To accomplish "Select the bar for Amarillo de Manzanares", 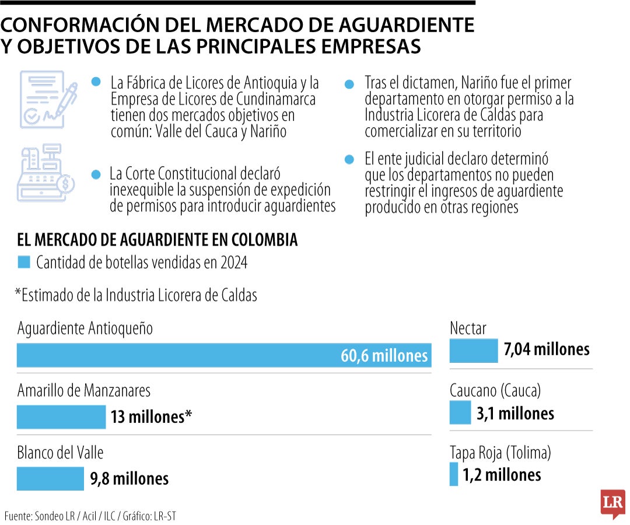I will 61,417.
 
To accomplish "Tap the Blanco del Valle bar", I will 51,479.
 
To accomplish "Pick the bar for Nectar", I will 474,350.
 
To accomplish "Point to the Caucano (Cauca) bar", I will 460,414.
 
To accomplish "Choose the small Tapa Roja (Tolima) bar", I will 454,474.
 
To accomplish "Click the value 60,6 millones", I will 384,356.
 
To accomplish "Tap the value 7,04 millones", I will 547,349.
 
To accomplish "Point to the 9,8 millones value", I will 129,479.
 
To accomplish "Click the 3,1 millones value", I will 515,414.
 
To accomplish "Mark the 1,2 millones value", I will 502,475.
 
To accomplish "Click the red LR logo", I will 612,502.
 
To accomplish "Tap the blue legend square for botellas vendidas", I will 24,262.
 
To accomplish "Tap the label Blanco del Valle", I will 60,453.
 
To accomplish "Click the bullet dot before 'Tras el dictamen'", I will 349,85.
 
